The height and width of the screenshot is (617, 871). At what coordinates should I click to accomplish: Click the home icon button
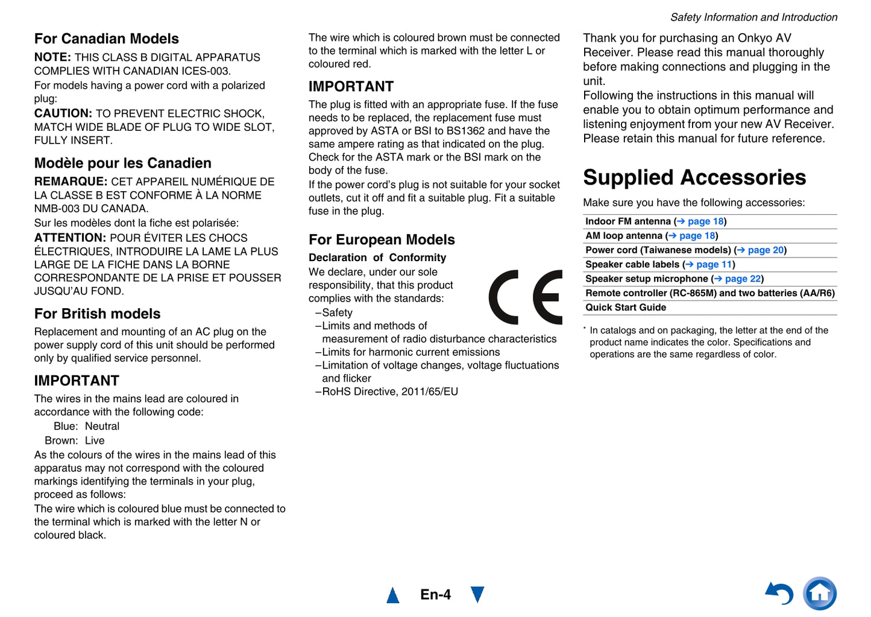(820, 593)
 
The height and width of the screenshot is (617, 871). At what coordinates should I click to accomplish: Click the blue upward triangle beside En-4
(393, 595)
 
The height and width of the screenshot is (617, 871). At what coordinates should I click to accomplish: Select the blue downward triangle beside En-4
(477, 595)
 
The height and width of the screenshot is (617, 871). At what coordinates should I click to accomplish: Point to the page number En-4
(435, 595)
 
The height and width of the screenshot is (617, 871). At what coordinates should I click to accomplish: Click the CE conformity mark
(525, 297)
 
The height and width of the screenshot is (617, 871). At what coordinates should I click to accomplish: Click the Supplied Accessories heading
(694, 177)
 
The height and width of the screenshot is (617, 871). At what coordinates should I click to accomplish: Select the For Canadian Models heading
(107, 39)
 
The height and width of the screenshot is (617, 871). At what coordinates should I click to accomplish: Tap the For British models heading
(98, 314)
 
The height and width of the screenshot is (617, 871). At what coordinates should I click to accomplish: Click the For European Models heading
(382, 239)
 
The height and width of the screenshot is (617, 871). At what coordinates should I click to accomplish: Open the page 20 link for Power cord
(766, 250)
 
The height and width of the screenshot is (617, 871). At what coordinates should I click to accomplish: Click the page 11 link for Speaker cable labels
(714, 265)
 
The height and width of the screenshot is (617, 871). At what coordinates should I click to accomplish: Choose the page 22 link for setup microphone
(743, 279)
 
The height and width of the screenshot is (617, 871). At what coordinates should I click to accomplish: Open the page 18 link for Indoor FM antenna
(705, 221)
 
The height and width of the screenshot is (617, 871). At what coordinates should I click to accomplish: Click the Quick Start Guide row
(626, 308)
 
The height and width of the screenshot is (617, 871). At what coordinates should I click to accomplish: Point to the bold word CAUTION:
(63, 113)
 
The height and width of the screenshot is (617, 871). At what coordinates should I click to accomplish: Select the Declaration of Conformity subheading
(377, 258)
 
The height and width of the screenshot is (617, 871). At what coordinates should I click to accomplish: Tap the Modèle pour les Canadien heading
(123, 163)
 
